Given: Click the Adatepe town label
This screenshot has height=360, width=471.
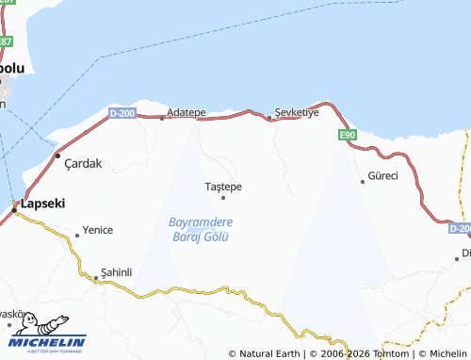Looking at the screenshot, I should [x=186, y=112].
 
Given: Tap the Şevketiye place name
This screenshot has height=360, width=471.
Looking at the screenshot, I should [x=298, y=111].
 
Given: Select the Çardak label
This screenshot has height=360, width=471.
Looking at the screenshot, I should [x=83, y=163].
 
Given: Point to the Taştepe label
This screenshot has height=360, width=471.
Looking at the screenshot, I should [x=223, y=187].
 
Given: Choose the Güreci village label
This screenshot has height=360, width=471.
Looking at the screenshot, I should [x=383, y=176].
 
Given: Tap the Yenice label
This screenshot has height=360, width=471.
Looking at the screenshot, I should [x=98, y=230].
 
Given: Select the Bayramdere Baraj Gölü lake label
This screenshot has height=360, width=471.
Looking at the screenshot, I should [x=200, y=229].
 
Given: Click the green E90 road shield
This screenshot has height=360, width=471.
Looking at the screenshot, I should [x=347, y=136].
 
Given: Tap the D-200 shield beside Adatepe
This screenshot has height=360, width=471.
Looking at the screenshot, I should [x=122, y=113].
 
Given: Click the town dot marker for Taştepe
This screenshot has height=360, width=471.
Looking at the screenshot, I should [x=223, y=197].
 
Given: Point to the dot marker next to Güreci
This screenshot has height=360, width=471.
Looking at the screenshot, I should [x=363, y=181].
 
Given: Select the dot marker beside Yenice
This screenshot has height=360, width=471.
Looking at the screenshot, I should [x=76, y=234].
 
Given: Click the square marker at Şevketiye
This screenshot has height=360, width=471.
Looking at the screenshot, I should [x=269, y=118].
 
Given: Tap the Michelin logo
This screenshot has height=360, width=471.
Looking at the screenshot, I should [x=47, y=335].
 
